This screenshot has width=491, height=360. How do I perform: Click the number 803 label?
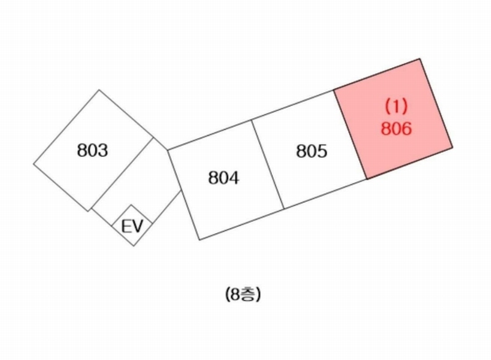point(93,150)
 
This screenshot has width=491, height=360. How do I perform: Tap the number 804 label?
point(223,178)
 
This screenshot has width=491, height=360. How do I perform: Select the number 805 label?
point(312,151)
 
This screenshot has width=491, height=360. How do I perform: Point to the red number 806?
point(396,128)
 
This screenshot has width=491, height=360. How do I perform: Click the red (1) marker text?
point(396,105)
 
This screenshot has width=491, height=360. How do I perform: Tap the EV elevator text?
point(132,226)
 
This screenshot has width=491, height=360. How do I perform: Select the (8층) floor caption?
point(242,294)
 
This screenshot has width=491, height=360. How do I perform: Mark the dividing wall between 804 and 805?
point(268,164)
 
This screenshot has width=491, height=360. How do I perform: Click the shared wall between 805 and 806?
point(350,135)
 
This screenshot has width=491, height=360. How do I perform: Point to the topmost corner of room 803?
point(99,90)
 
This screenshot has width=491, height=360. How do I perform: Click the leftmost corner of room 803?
point(34,164)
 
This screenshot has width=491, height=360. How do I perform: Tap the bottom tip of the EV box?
point(134,246)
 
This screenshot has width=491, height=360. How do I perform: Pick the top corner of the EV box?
point(131,205)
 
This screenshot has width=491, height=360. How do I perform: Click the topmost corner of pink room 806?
point(420,58)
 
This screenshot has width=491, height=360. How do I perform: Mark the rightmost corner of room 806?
point(452,147)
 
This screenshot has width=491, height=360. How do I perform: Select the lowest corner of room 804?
point(200,240)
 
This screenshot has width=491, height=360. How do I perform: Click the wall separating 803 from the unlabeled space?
point(121,174)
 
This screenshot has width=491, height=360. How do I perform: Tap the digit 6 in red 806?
point(406,128)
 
